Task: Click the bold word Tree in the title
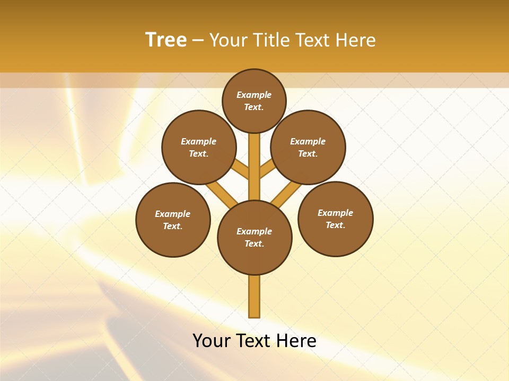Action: click(x=166, y=40)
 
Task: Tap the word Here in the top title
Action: click(x=356, y=40)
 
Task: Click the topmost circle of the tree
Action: click(x=254, y=101)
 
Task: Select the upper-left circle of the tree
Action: click(x=199, y=147)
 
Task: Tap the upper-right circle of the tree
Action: click(x=308, y=147)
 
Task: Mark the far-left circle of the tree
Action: click(x=173, y=220)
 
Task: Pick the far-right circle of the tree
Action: click(x=335, y=219)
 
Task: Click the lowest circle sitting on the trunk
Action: click(x=254, y=237)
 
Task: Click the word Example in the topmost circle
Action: click(x=254, y=95)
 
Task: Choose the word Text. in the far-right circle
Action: click(x=335, y=225)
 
